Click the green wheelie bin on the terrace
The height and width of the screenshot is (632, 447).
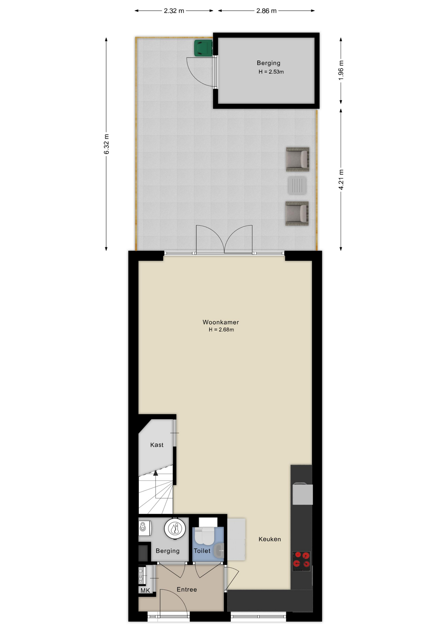point(203,48)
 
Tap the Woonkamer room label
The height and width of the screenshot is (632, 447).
point(221,322)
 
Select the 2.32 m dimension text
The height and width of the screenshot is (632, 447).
point(174,11)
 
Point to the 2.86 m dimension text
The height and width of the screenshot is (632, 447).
point(266,11)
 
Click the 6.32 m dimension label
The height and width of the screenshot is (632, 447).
point(106,144)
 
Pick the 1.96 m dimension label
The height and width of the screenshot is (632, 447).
point(341,70)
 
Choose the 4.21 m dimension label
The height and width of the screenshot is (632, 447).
point(341,179)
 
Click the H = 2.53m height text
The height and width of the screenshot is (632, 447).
point(271,72)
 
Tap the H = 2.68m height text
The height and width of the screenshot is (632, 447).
point(221,330)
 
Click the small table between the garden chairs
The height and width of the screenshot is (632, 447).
point(297,185)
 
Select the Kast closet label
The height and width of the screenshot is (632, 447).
point(157,445)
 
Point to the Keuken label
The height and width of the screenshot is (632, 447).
point(270,539)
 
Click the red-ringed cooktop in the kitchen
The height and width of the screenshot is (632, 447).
point(302,561)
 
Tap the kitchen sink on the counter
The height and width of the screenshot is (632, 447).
point(302,493)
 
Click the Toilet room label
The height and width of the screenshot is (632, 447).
point(202,551)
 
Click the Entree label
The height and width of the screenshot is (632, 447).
point(187,590)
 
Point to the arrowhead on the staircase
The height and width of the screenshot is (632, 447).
point(155,473)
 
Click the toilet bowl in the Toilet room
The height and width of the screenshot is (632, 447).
point(204,535)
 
